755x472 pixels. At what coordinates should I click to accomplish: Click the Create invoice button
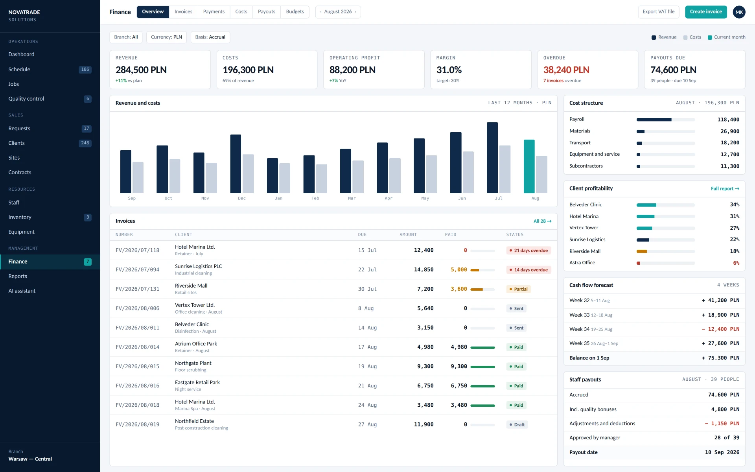706,12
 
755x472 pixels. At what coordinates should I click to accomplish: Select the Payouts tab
266,12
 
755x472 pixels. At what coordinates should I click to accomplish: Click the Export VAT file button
658,12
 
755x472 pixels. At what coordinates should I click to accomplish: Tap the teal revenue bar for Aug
529,166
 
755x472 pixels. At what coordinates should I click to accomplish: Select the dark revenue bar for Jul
492,158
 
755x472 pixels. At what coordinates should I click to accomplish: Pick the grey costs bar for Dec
248,174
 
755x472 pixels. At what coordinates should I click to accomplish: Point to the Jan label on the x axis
278,198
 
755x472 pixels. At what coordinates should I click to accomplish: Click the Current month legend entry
726,37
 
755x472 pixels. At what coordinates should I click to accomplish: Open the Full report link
725,189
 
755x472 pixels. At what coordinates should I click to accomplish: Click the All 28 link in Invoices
542,221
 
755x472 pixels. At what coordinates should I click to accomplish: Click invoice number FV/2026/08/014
137,347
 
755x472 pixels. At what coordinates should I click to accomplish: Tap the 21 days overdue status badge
528,251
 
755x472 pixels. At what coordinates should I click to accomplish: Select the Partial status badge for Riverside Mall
518,289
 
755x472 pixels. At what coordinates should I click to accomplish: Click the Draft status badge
517,425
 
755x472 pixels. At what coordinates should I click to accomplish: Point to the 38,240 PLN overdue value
566,70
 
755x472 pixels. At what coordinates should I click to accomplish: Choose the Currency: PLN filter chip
166,37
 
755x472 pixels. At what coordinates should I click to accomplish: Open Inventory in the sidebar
20,218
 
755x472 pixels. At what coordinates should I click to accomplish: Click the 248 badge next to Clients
85,143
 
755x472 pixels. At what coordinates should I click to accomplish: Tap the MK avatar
739,12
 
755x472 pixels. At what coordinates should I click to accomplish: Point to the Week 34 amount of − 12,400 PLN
720,329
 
